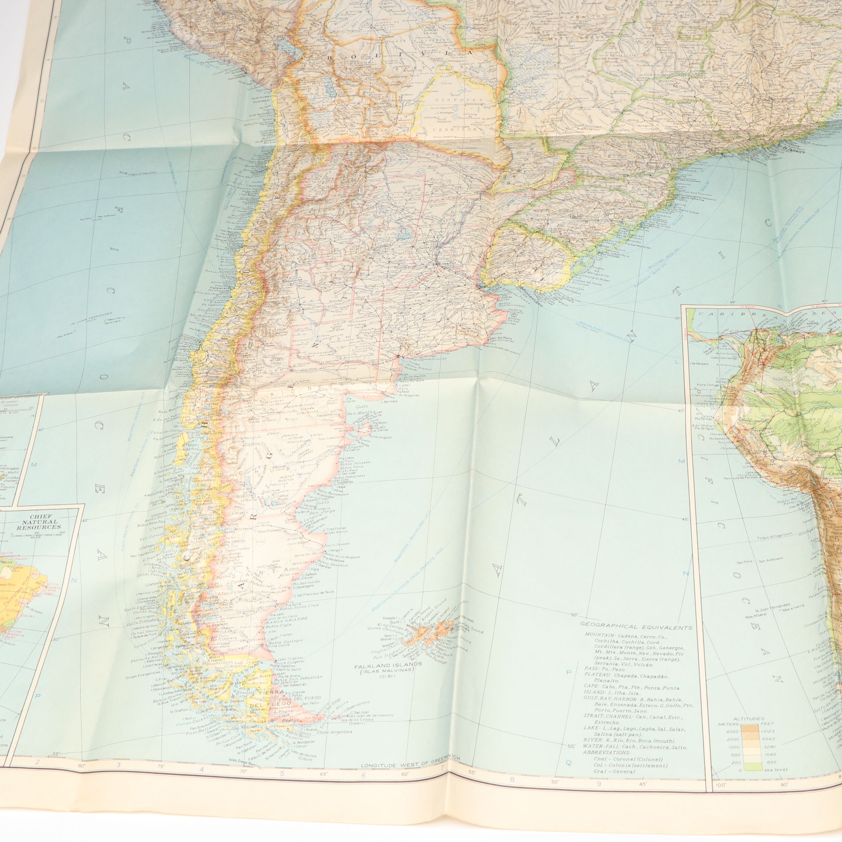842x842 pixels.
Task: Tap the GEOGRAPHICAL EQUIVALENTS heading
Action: [x=636, y=627]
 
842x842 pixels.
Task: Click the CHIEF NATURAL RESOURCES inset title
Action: [x=39, y=521]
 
